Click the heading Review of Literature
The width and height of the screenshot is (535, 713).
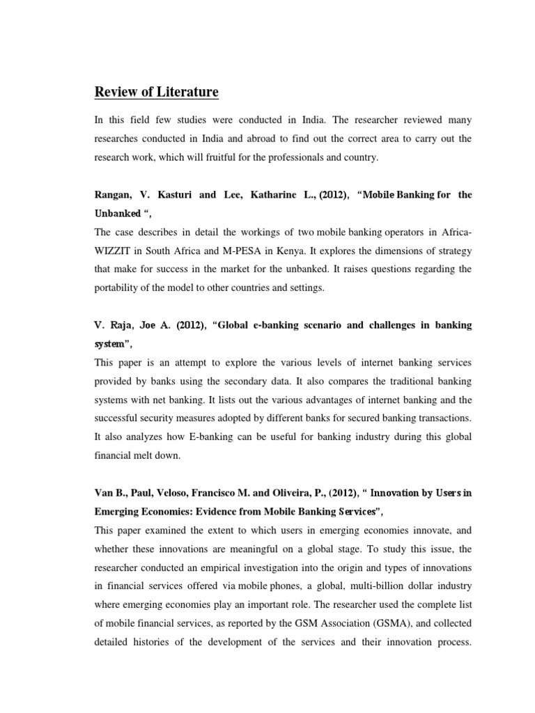[x=157, y=92]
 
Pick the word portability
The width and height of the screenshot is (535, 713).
[x=122, y=288]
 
